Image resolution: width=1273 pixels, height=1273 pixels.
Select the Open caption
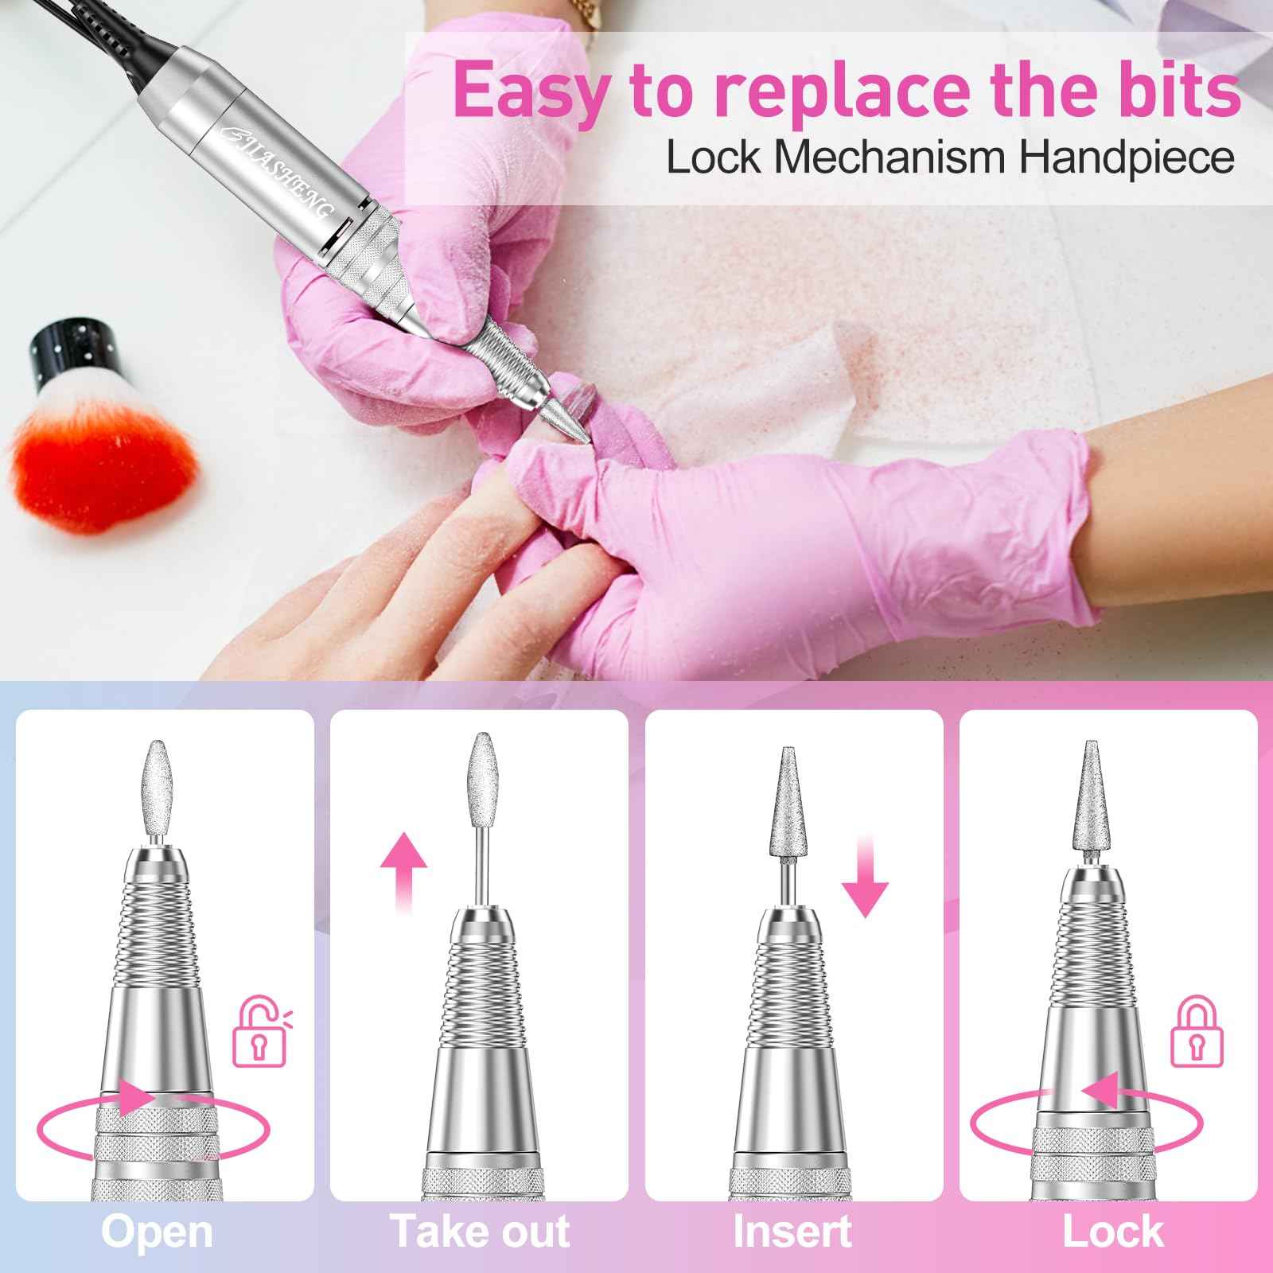[158, 1232]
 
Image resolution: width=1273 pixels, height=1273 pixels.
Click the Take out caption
[480, 1232]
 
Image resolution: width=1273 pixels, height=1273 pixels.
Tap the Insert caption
[792, 1232]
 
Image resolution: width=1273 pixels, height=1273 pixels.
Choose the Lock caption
[1113, 1232]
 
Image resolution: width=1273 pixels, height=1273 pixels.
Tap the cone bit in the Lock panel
[1090, 804]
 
